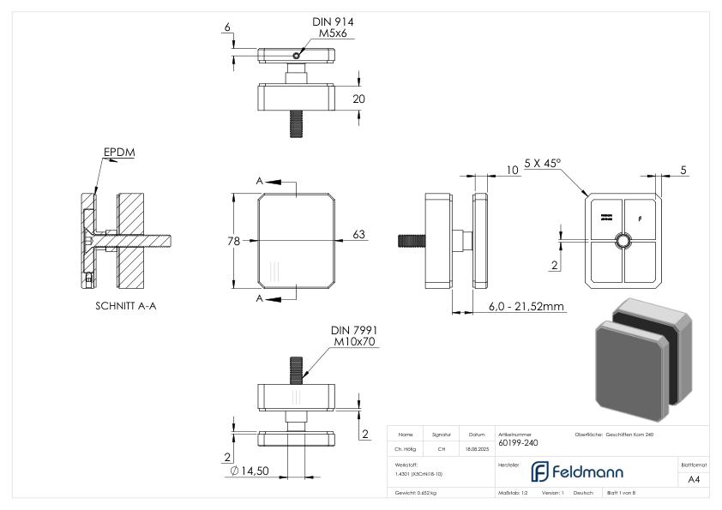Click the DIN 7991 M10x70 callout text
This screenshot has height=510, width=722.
352,335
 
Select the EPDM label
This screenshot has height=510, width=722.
119,153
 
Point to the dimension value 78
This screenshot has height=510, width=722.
232,242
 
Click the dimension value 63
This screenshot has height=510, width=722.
358,233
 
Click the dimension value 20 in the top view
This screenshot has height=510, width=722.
358,99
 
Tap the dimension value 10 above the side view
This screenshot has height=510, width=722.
512,171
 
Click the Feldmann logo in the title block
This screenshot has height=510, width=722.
576,471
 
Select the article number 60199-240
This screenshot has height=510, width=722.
518,443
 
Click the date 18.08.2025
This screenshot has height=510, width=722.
478,448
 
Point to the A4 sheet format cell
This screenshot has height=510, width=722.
695,481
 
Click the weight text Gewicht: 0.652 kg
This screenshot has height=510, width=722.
416,494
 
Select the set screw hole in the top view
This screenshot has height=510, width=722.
296,55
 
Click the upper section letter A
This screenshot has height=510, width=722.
260,181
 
